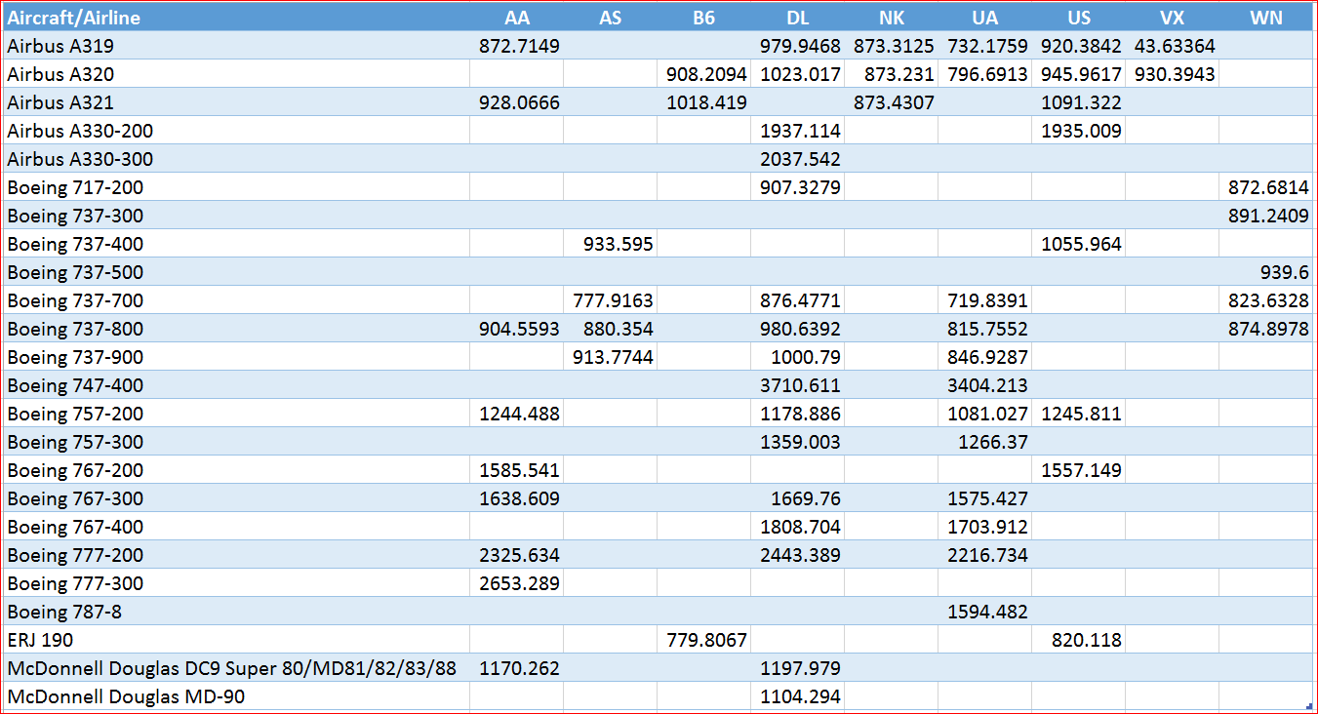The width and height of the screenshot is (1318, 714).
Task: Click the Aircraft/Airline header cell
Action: [x=74, y=18]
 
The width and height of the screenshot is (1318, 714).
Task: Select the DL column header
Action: [x=798, y=18]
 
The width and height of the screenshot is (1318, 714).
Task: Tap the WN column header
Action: [x=1266, y=18]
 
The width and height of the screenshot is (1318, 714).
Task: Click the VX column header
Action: [x=1172, y=18]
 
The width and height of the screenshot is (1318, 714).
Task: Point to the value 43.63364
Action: [x=1175, y=46]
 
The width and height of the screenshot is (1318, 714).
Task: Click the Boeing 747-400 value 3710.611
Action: [x=800, y=385]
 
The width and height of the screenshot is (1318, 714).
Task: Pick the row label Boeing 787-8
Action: [x=64, y=612]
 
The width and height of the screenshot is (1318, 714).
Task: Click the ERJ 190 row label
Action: [x=41, y=640]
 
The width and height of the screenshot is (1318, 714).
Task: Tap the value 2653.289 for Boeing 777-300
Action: [x=519, y=583]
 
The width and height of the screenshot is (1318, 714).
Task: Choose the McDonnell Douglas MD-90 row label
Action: [x=126, y=696]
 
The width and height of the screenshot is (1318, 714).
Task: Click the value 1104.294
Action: [x=800, y=696]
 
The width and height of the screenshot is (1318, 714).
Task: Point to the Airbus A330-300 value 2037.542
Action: [x=800, y=159]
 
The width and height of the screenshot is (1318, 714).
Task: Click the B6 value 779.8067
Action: [x=706, y=640]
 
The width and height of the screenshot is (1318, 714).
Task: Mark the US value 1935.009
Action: [x=1081, y=131]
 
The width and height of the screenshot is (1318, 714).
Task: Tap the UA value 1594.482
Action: [x=987, y=612]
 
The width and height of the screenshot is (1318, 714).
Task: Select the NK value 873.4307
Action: [x=894, y=102]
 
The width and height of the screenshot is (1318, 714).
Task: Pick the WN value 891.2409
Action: [x=1268, y=216]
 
